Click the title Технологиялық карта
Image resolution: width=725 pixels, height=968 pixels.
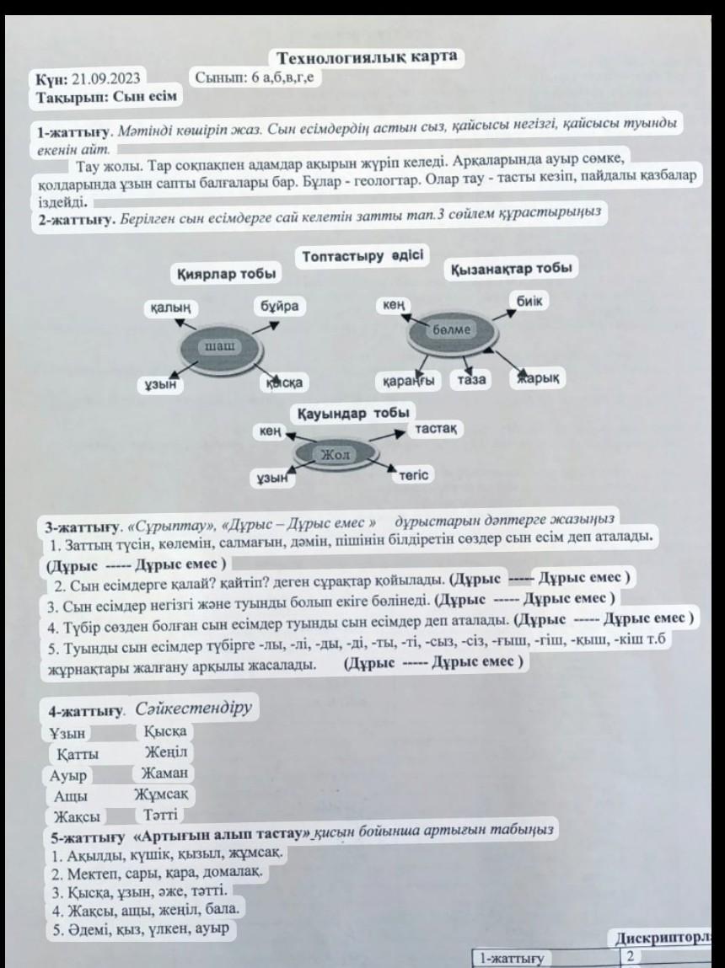tap(368, 57)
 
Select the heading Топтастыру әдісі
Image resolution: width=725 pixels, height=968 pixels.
tap(362, 255)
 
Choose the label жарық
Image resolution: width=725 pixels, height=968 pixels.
tap(539, 378)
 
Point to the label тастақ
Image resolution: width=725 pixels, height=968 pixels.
tap(437, 429)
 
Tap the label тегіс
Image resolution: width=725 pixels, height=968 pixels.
tap(413, 476)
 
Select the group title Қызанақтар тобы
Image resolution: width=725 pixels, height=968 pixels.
tap(511, 268)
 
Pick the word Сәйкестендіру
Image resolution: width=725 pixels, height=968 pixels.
tap(194, 708)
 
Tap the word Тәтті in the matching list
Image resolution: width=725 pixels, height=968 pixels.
tap(158, 816)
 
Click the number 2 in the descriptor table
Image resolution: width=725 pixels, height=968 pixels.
tap(631, 955)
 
